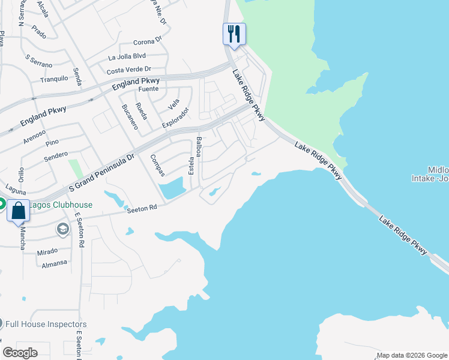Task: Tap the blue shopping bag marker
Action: coord(18,211)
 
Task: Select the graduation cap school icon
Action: coord(62,229)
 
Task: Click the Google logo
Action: coord(20,353)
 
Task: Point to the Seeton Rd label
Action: coord(141,208)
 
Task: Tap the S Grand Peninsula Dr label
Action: coord(102,173)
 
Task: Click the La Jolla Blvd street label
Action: coord(127,58)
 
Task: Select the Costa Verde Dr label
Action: coord(128,70)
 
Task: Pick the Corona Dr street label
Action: coord(148,42)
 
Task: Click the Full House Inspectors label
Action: coord(46,324)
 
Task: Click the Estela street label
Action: coord(191,165)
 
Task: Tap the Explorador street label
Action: coord(175,118)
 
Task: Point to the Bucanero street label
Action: coord(130,116)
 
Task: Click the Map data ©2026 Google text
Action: coord(412,355)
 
